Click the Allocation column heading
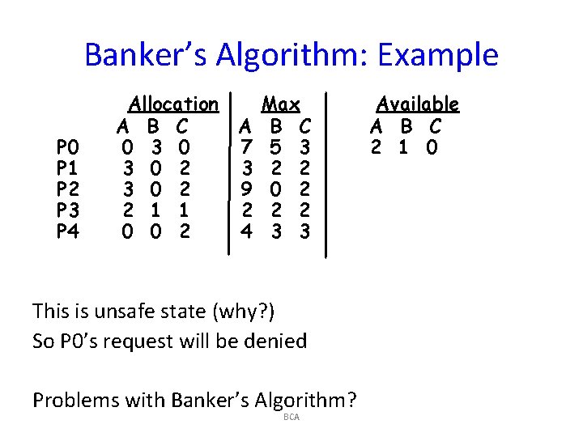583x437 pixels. (173, 104)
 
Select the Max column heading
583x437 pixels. (280, 104)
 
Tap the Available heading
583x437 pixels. (417, 104)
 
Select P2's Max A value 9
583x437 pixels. (248, 190)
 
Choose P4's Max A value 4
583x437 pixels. (248, 232)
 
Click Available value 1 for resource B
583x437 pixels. (403, 148)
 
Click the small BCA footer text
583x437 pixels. (291, 417)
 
